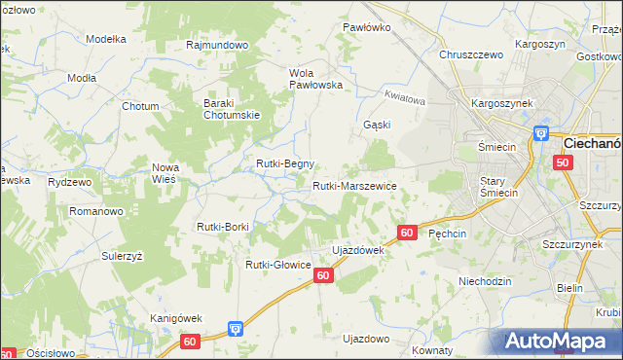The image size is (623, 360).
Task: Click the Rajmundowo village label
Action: pyautogui.click(x=217, y=45)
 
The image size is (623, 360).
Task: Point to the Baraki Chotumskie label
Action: pyautogui.click(x=230, y=110)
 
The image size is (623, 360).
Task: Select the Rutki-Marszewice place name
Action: pyautogui.click(x=353, y=186)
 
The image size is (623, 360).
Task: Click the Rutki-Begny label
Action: pyautogui.click(x=285, y=163)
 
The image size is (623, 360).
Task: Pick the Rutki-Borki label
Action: pyautogui.click(x=224, y=228)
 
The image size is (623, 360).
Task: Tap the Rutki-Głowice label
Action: pyautogui.click(x=277, y=265)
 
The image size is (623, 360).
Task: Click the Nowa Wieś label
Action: pyautogui.click(x=165, y=173)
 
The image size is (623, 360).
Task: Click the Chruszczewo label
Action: pyautogui.click(x=471, y=55)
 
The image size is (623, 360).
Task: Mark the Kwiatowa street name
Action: pyautogui.click(x=405, y=98)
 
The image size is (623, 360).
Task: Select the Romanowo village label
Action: pyautogui.click(x=93, y=210)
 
